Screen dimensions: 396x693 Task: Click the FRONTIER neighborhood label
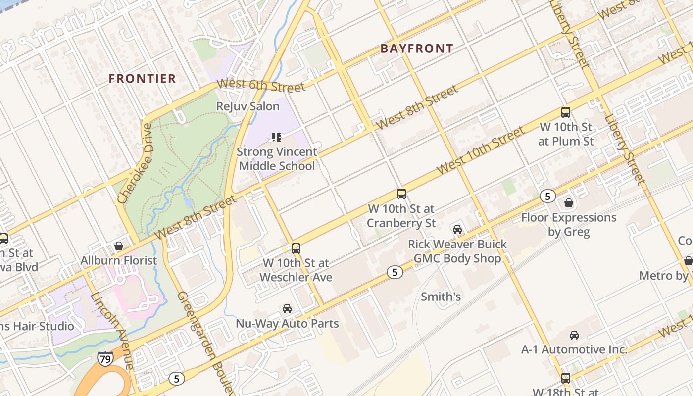tap(142, 78)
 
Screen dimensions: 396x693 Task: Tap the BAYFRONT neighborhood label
tap(417, 49)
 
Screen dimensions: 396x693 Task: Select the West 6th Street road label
tap(261, 86)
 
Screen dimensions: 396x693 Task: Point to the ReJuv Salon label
tap(248, 106)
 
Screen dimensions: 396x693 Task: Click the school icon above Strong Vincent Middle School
tap(276, 137)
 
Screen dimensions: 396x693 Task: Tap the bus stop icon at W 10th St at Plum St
tap(565, 112)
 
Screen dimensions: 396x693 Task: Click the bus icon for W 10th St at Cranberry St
tap(401, 194)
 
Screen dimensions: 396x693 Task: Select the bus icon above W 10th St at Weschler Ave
tap(296, 248)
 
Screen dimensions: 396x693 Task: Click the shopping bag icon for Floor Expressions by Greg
tap(569, 203)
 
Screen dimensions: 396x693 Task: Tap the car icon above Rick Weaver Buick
tap(457, 230)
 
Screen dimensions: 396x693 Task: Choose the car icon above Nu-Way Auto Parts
tap(287, 309)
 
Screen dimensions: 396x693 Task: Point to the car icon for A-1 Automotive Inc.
tap(574, 335)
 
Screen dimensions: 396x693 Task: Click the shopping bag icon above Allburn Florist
tap(119, 246)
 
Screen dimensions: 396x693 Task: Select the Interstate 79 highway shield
tap(105, 358)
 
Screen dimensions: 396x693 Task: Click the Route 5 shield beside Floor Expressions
tap(547, 196)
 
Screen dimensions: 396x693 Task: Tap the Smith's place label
tap(441, 297)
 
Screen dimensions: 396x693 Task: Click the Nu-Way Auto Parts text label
tap(287, 324)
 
